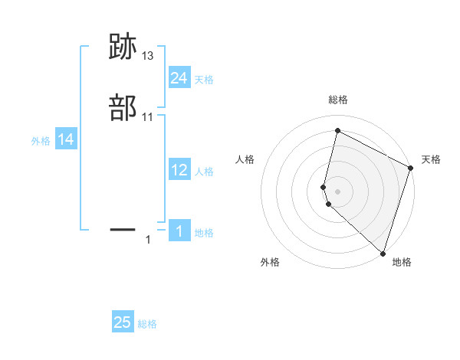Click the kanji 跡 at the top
pos(122,48)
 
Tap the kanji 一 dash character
pos(122,228)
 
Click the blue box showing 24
pos(179,78)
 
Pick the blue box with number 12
pos(179,170)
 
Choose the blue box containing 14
pos(66,139)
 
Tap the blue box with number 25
pos(123,322)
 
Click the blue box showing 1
pos(179,231)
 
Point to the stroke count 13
pos(148,56)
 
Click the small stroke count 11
pos(148,117)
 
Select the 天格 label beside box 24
pos(204,80)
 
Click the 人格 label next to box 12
pos(204,172)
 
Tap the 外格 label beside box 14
pos(41,141)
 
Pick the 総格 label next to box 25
pos(147,324)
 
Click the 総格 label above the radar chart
pos(337,100)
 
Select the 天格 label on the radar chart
pos(431,159)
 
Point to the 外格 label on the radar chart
pos(270,262)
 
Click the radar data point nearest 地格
pos(383,253)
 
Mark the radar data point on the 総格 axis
pos(337,130)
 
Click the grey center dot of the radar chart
pos(337,191)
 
